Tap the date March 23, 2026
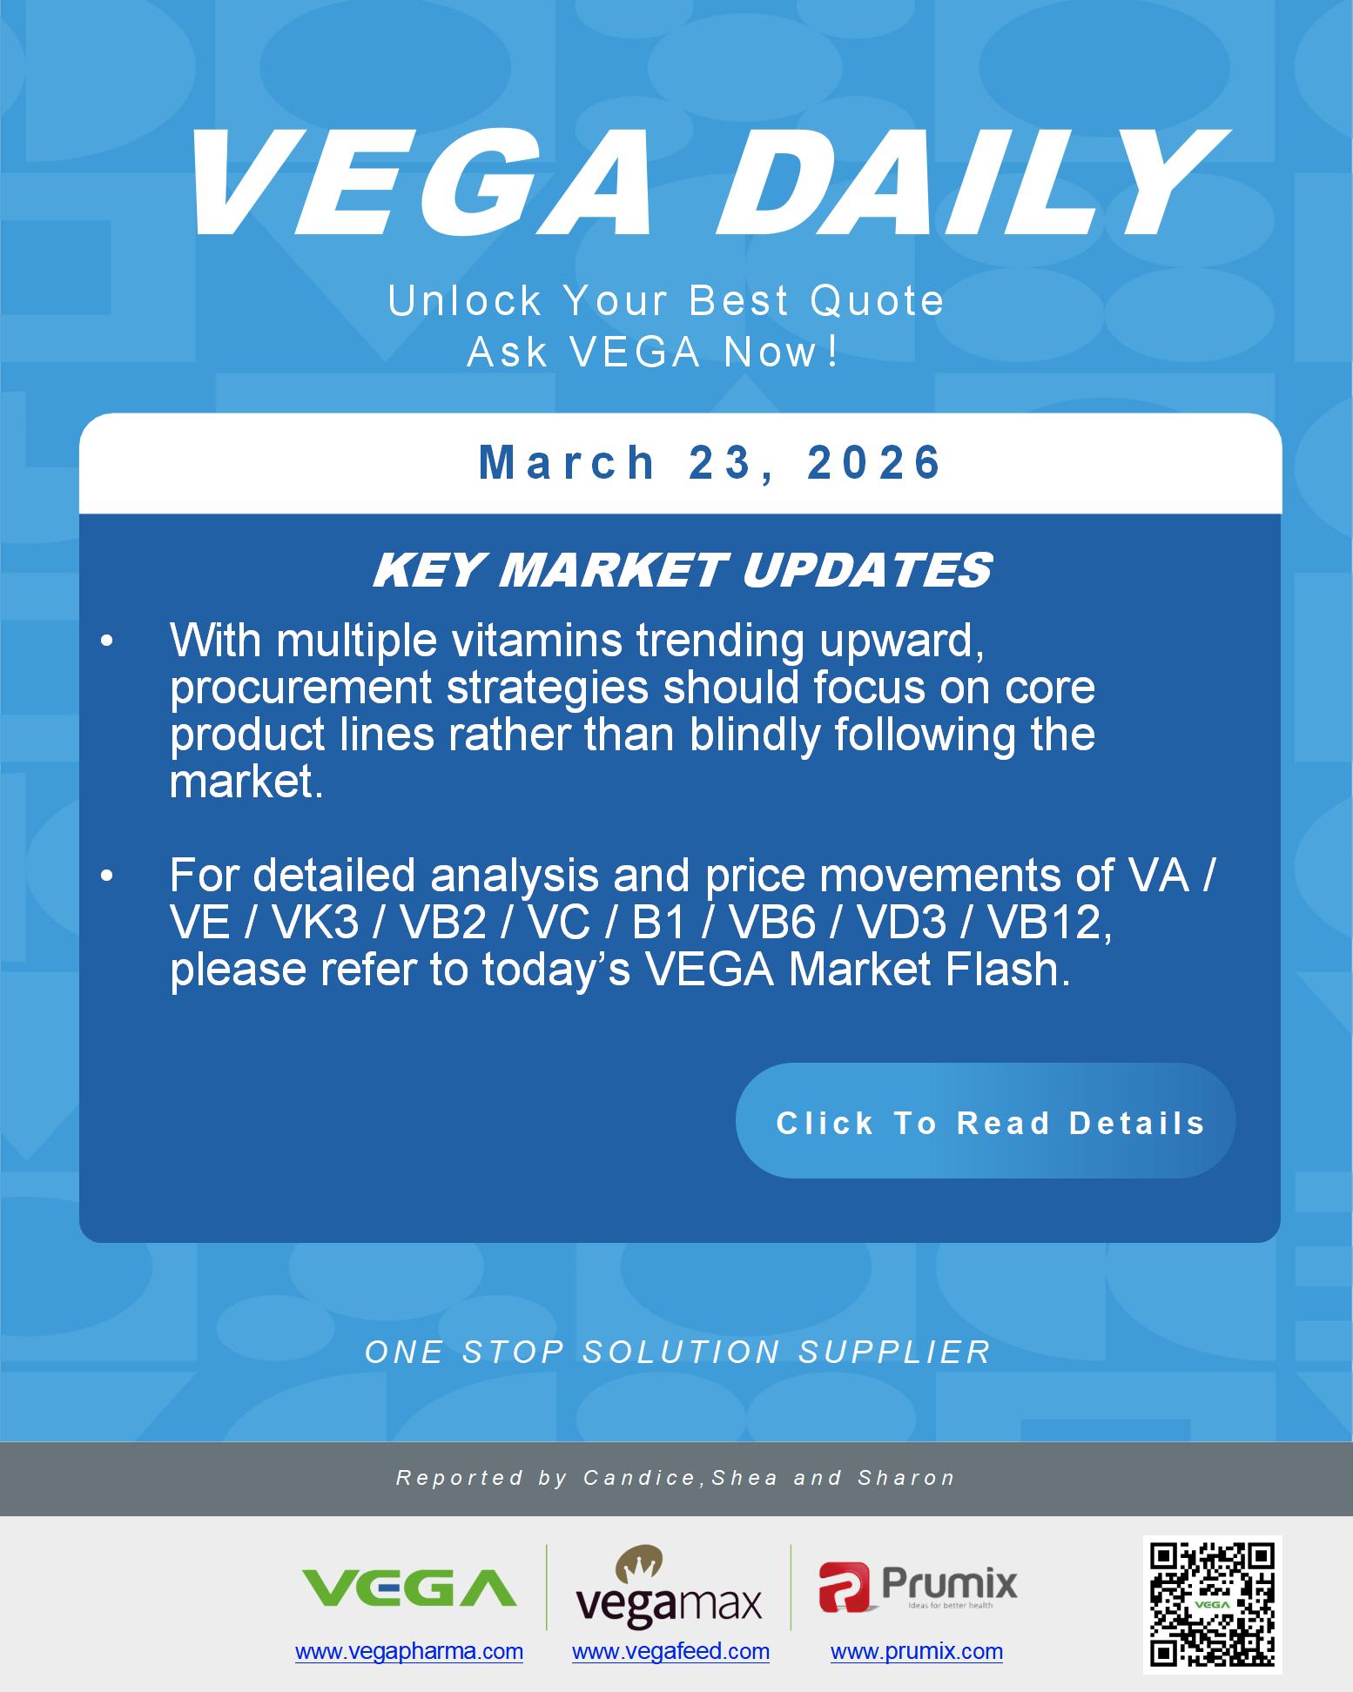pyautogui.click(x=710, y=462)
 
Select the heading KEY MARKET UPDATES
pyautogui.click(x=682, y=571)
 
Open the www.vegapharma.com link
pyautogui.click(x=409, y=1651)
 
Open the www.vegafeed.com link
pyautogui.click(x=670, y=1651)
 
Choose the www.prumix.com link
pyautogui.click(x=916, y=1651)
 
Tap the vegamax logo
pyautogui.click(x=669, y=1588)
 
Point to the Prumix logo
pyautogui.click(x=918, y=1586)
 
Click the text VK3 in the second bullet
pyautogui.click(x=316, y=923)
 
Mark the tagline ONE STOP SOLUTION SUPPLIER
pyautogui.click(x=677, y=1352)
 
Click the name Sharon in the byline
pyautogui.click(x=906, y=1478)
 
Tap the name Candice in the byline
pyautogui.click(x=639, y=1478)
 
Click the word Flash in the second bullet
pyautogui.click(x=1016, y=970)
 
